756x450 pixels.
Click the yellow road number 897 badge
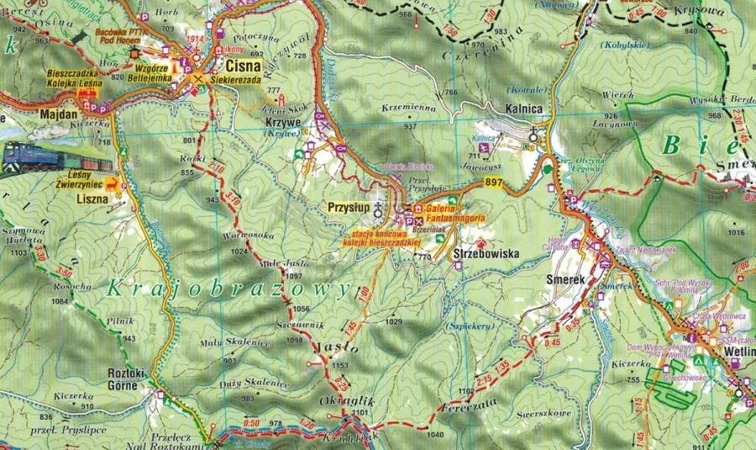tap(493, 183)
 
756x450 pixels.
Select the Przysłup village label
tap(352, 206)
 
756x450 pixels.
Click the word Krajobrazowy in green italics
tap(227, 288)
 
